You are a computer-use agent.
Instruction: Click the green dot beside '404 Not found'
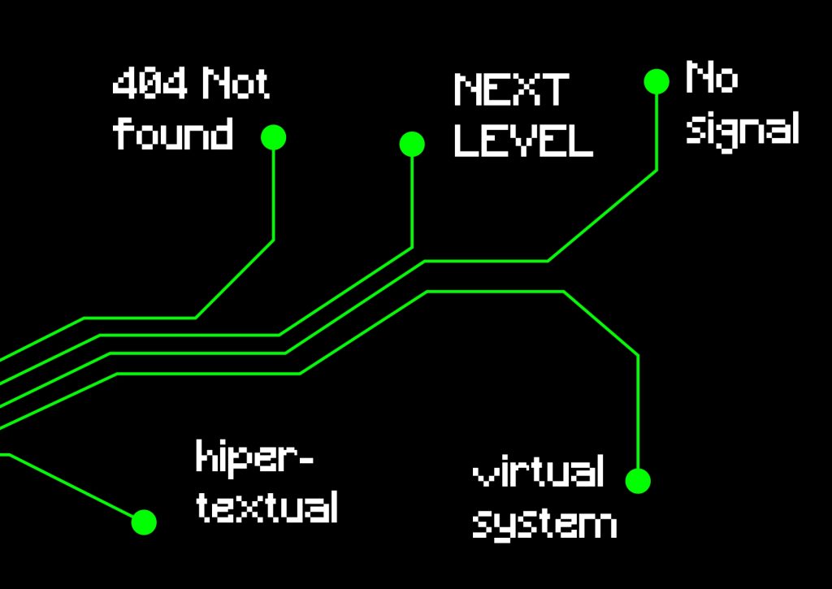(274, 138)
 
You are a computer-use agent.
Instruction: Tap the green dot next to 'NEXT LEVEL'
(412, 145)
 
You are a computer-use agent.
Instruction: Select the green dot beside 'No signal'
(656, 81)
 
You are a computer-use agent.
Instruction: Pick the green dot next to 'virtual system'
(638, 481)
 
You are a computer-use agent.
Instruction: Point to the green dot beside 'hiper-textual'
(144, 522)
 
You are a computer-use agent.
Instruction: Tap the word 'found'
(173, 132)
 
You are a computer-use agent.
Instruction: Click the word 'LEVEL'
(523, 140)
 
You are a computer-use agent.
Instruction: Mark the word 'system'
(544, 523)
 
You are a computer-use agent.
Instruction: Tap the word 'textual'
(267, 507)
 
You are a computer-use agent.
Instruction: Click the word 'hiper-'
(254, 458)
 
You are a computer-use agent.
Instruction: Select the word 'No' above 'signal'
(712, 78)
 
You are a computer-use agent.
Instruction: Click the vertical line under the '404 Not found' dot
(274, 195)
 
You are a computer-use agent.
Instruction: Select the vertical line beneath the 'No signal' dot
(656, 130)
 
